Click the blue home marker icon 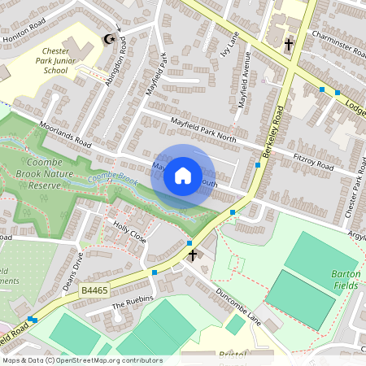pyautogui.click(x=183, y=175)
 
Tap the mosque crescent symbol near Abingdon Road pyautogui.click(x=106, y=38)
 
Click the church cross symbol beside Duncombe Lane pyautogui.click(x=193, y=255)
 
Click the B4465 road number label pyautogui.click(x=95, y=289)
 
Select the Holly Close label pyautogui.click(x=129, y=233)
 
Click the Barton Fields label pyautogui.click(x=346, y=281)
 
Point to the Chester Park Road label pyautogui.click(x=351, y=194)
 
